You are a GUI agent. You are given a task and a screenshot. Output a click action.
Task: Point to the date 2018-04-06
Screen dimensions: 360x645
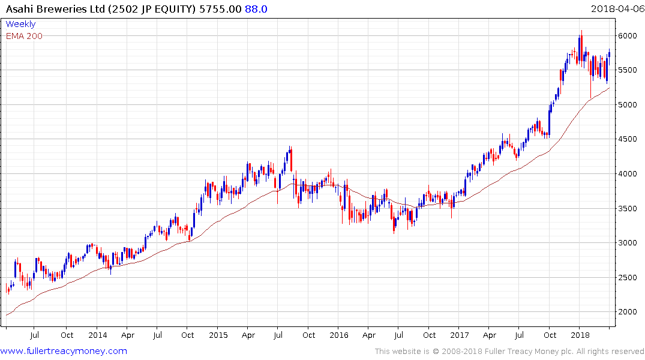[617, 9]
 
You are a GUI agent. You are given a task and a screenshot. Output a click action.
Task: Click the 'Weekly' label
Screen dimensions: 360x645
[20, 24]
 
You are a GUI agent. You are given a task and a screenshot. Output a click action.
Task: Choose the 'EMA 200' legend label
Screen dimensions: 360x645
[24, 36]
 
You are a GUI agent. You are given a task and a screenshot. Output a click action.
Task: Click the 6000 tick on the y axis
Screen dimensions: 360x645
[627, 36]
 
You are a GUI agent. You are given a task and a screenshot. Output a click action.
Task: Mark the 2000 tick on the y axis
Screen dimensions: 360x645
[627, 312]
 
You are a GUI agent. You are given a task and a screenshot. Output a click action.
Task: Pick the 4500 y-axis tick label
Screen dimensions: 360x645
[627, 139]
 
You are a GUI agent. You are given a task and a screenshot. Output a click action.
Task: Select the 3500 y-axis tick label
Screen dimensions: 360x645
[627, 209]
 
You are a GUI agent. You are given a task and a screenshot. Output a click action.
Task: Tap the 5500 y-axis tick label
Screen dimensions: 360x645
[627, 70]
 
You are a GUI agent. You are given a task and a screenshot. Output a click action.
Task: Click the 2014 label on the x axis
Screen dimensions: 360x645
[97, 335]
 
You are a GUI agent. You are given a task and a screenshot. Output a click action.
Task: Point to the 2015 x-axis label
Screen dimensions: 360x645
[218, 335]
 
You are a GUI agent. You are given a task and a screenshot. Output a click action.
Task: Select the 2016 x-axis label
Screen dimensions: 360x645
[338, 335]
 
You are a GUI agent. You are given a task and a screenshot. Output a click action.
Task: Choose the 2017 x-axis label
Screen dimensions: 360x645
[460, 335]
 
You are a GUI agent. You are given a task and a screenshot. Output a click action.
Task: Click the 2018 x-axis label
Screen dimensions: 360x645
[580, 335]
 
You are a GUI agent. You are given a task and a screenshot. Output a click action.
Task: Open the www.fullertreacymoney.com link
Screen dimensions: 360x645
[64, 351]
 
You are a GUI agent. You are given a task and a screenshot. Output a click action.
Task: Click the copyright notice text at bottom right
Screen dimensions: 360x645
[509, 351]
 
